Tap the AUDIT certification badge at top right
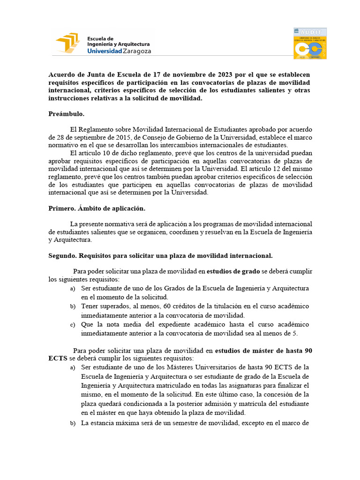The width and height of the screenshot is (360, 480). click(310, 43)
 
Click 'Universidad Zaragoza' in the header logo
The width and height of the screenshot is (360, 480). click(119, 51)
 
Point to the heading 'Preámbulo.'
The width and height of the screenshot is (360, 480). click(66, 114)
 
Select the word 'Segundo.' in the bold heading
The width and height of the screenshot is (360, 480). click(62, 255)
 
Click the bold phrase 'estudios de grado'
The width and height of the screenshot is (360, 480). click(233, 271)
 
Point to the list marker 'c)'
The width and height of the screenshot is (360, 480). click(73, 325)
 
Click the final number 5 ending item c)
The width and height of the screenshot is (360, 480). click(295, 333)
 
